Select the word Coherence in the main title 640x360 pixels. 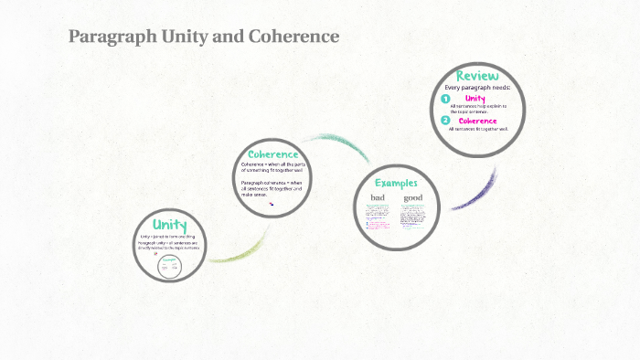293,37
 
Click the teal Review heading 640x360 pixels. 476,76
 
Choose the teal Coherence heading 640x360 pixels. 273,154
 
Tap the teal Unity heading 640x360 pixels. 170,225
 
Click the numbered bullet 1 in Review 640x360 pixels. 445,99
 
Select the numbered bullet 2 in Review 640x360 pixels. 445,121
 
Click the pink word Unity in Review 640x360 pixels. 475,98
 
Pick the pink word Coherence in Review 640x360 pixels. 478,121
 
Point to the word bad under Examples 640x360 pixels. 378,198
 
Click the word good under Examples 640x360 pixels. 413,198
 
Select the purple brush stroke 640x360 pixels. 476,191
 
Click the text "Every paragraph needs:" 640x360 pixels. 476,88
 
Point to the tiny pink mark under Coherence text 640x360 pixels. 271,204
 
